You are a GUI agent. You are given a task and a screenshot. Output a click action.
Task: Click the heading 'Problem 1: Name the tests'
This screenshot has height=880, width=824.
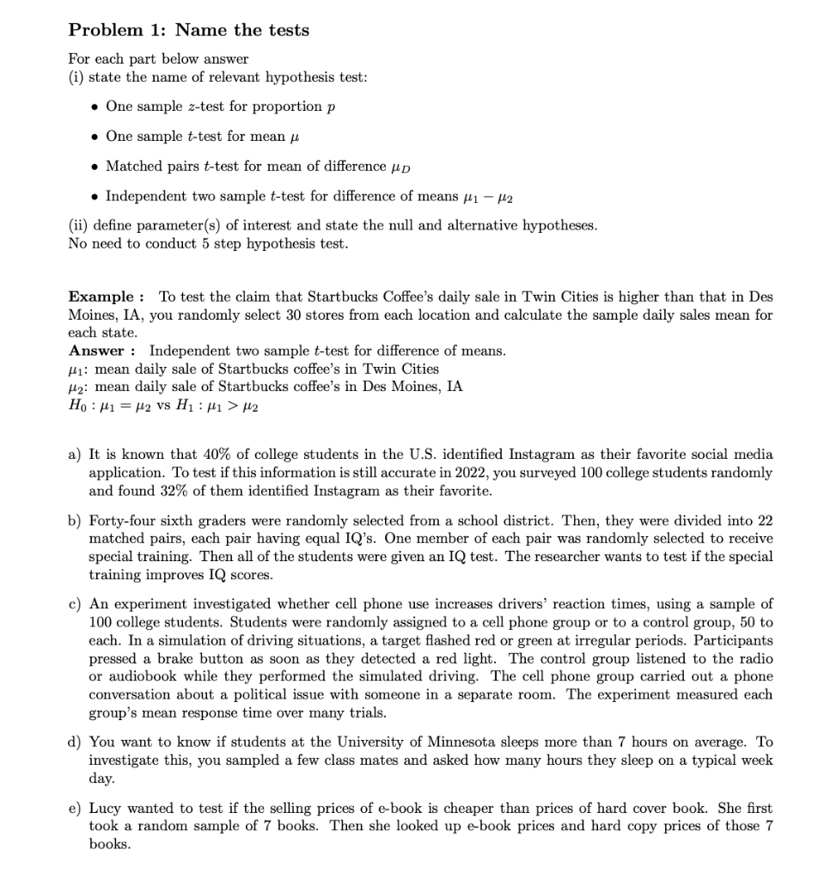pyautogui.click(x=189, y=30)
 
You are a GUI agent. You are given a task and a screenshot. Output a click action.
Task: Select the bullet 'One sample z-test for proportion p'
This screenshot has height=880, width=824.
pyautogui.click(x=220, y=107)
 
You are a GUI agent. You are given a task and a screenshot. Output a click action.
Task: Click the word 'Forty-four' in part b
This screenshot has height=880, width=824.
pyautogui.click(x=122, y=520)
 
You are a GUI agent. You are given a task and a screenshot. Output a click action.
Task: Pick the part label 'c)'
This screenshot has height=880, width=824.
pyautogui.click(x=75, y=604)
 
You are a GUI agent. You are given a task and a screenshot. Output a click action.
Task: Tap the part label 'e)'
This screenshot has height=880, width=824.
pyautogui.click(x=75, y=809)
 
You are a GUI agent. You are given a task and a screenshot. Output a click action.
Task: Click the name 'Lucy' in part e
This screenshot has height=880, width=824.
pyautogui.click(x=105, y=809)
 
